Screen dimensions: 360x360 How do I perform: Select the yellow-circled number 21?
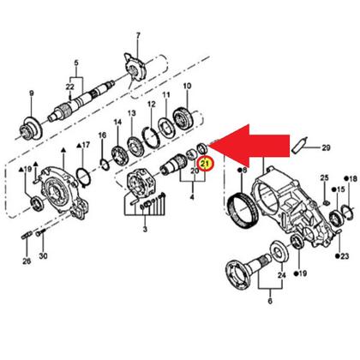204,163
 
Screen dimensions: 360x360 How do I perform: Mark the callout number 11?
166,97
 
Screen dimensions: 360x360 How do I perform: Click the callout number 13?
133,113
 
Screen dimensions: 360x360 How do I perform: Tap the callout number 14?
117,123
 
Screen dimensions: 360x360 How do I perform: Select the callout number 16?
101,135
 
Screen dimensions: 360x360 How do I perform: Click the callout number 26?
27,260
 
